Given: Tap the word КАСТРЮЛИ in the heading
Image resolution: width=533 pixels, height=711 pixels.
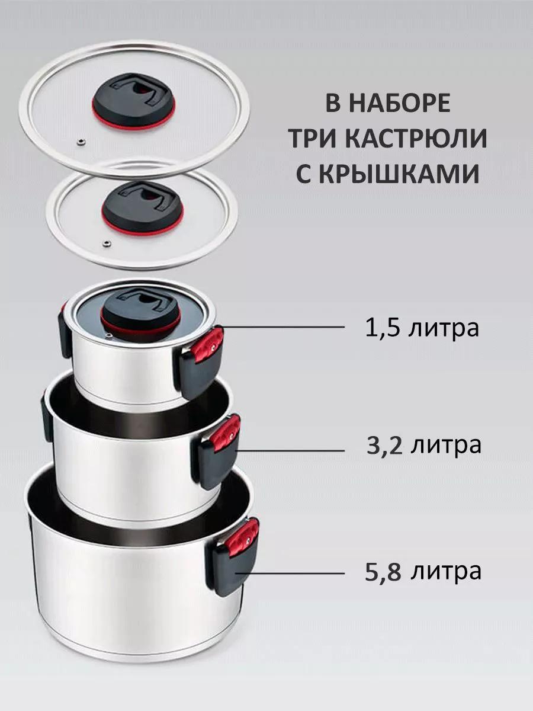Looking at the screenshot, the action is [x=416, y=139].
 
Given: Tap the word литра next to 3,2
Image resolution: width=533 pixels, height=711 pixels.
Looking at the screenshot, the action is [x=445, y=446].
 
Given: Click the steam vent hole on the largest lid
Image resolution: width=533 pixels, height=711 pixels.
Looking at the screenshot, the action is [x=80, y=142].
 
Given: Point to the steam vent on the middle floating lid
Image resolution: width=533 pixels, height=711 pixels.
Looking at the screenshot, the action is [x=105, y=242].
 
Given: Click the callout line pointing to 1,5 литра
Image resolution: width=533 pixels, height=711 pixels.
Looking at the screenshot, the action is [x=283, y=328].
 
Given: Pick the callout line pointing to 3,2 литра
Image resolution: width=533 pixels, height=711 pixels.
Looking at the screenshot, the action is [x=290, y=450].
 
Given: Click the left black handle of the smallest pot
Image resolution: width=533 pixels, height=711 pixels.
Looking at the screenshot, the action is [x=66, y=331].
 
